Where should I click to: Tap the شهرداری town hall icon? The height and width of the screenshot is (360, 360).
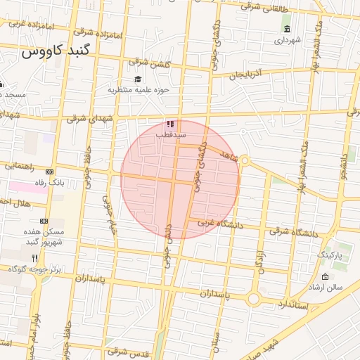(288, 29)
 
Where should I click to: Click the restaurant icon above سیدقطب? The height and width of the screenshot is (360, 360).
(170, 123)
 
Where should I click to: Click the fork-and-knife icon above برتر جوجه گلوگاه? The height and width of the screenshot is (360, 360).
(35, 258)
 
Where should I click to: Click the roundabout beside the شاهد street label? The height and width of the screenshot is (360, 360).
(245, 161)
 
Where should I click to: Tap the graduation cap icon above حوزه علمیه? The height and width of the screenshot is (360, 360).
(137, 79)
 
